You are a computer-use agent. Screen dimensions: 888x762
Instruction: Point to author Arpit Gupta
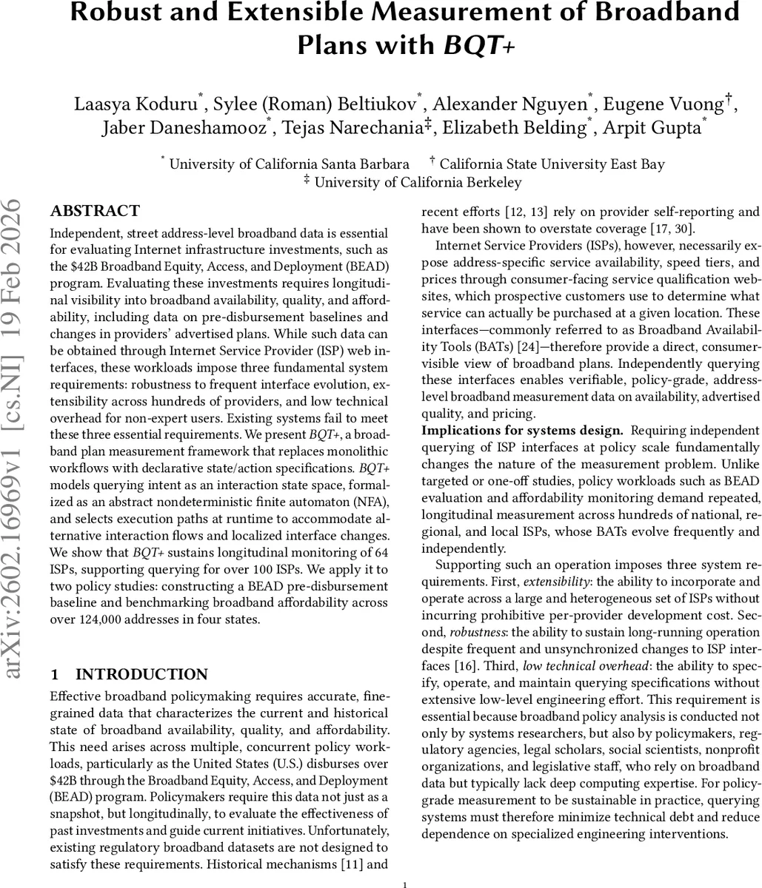click(x=652, y=127)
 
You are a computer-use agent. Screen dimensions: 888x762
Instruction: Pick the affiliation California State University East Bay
click(x=556, y=164)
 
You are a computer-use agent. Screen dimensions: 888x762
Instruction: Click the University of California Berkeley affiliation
click(x=417, y=182)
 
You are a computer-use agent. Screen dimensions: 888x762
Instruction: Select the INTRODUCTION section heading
click(x=141, y=674)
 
